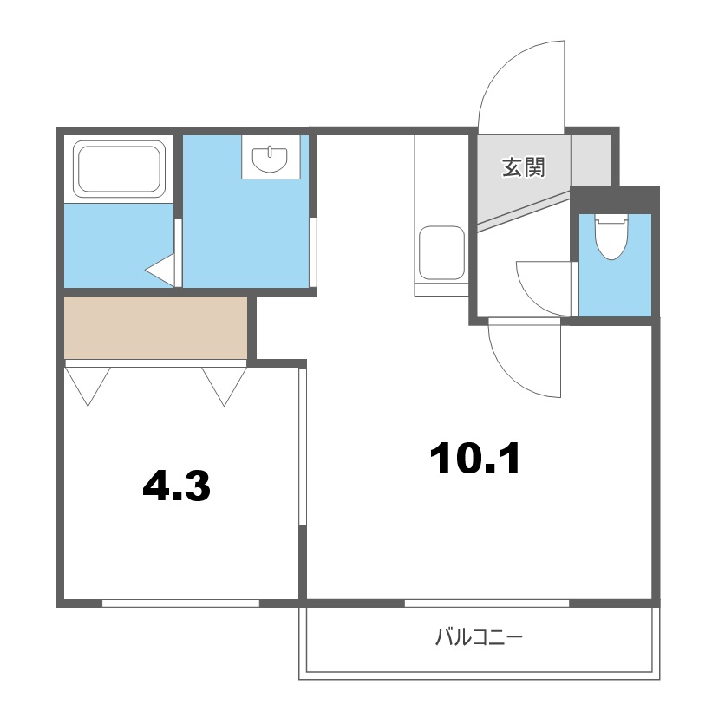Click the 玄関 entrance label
pos(524,167)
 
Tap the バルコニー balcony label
pos(479,640)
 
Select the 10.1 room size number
pos(475,459)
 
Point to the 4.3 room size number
pos(176,487)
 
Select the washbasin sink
pos(271,159)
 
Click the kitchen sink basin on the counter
pos(441,252)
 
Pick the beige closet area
pos(156,327)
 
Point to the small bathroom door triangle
pos(161,271)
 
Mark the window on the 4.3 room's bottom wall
pos(180,602)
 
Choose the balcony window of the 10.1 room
pos(487,602)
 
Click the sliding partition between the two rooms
pos(302,447)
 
